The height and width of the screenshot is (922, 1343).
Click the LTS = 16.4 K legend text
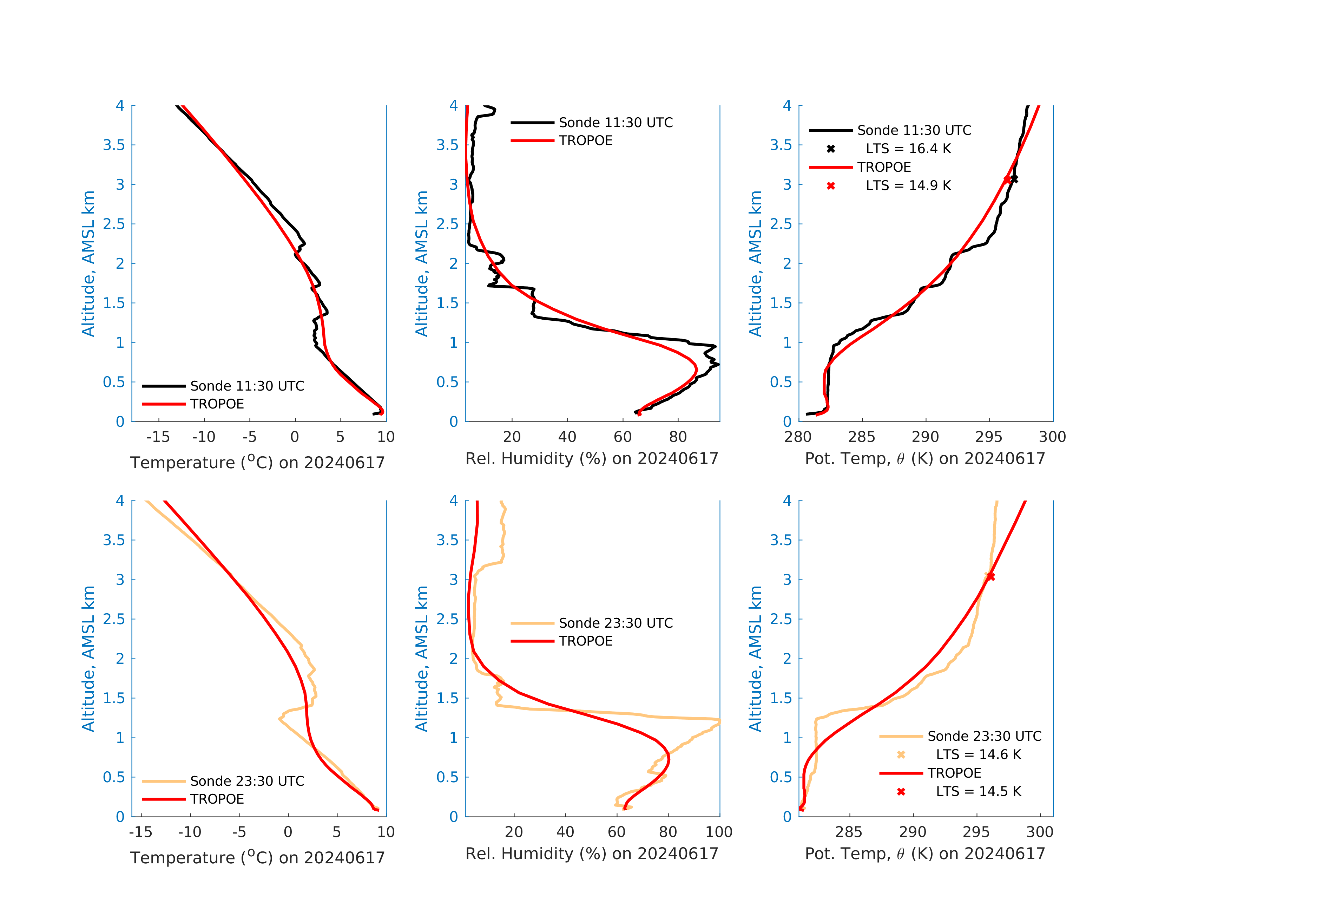(x=908, y=149)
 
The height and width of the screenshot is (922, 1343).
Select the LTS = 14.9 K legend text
(x=908, y=185)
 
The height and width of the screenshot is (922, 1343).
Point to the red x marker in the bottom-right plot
(x=990, y=576)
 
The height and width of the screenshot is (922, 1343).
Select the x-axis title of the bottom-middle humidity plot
(x=592, y=854)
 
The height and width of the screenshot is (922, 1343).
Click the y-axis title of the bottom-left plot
(x=88, y=659)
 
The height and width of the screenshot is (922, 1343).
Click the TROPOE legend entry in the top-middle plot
(x=585, y=140)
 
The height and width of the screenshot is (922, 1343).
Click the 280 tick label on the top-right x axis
(x=798, y=437)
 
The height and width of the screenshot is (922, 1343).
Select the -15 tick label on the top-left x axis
(x=158, y=437)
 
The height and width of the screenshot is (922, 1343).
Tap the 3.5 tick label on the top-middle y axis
(x=447, y=145)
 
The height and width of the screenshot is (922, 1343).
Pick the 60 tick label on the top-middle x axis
(x=623, y=437)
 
